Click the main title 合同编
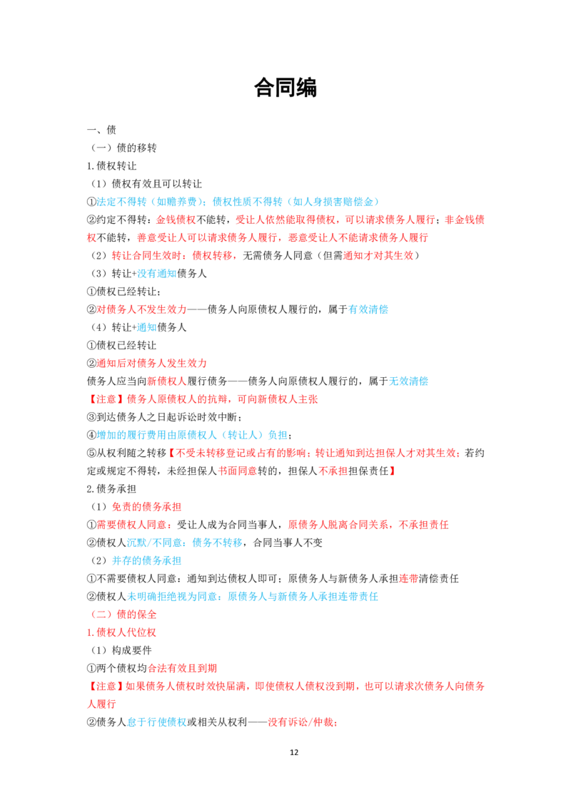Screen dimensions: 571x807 point(285,88)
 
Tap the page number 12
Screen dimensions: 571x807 point(294,752)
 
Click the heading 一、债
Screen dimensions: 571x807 point(101,130)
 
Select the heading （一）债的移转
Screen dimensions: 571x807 point(123,148)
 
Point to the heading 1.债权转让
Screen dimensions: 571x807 point(111,165)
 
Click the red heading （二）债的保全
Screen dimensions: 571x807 point(123,615)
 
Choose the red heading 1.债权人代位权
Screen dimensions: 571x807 point(121,632)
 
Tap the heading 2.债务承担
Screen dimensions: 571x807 point(111,489)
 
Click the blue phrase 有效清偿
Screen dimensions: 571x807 point(368,309)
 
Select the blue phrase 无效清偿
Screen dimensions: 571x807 point(408,381)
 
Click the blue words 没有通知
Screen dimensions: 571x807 point(156,274)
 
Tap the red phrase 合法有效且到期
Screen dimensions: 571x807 point(183,669)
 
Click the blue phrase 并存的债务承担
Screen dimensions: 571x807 point(146,561)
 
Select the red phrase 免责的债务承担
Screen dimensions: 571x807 point(146,507)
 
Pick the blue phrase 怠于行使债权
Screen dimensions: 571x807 point(156,723)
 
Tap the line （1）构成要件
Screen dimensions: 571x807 point(121,651)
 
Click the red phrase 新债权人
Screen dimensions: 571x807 point(166,381)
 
